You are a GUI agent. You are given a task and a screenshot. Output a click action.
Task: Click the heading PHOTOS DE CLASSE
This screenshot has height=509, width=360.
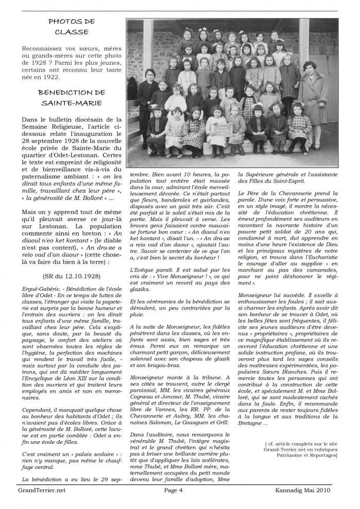click(71, 27)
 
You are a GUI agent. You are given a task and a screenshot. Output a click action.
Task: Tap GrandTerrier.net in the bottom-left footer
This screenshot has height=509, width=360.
click(42, 490)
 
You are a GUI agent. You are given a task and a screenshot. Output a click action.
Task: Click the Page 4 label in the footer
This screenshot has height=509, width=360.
click(173, 490)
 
